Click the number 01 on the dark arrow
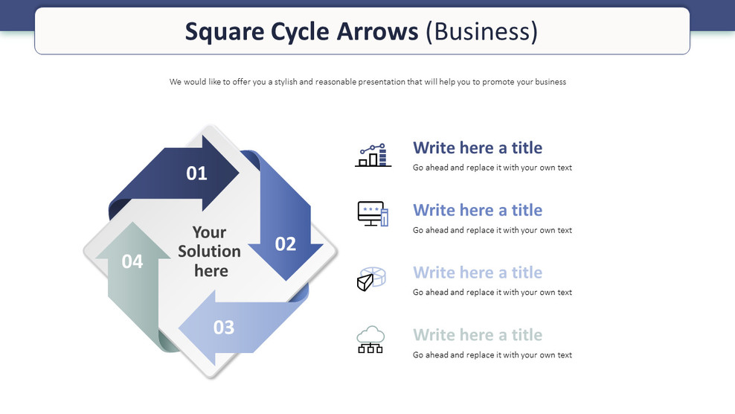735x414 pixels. point(196,173)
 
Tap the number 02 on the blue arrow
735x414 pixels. point(286,243)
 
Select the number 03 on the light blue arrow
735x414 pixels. point(224,327)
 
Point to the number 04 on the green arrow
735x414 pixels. point(132,261)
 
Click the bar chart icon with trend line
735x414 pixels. point(373,156)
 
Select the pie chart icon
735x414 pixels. point(370,279)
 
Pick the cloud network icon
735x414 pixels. point(370,340)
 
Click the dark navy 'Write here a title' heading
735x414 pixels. point(478,147)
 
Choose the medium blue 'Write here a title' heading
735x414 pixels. point(478,210)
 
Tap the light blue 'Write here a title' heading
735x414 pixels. point(478,273)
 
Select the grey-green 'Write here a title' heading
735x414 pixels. point(478,335)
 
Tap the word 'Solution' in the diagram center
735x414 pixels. point(209,252)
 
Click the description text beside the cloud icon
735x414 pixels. point(492,355)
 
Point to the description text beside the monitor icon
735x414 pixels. point(492,230)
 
